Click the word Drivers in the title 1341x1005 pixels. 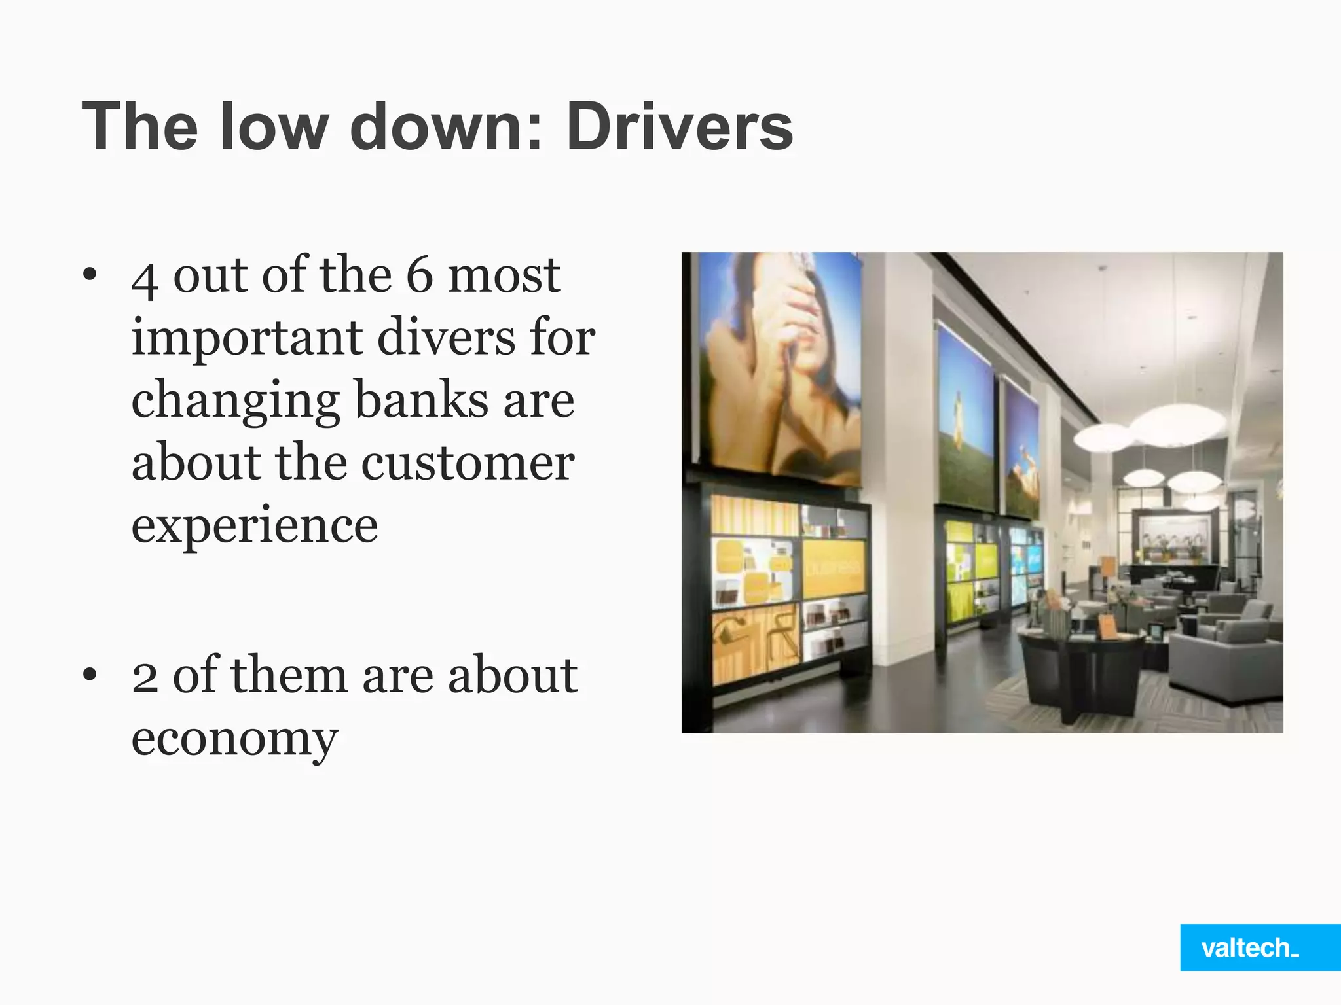click(680, 126)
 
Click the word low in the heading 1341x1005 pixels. click(274, 126)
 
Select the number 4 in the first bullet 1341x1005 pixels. click(145, 278)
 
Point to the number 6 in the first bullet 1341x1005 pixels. click(420, 275)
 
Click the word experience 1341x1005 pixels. click(255, 525)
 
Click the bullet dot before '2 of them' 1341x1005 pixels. click(90, 675)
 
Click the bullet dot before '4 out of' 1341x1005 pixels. click(90, 274)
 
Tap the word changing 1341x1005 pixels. click(235, 401)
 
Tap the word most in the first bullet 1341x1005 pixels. click(504, 275)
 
